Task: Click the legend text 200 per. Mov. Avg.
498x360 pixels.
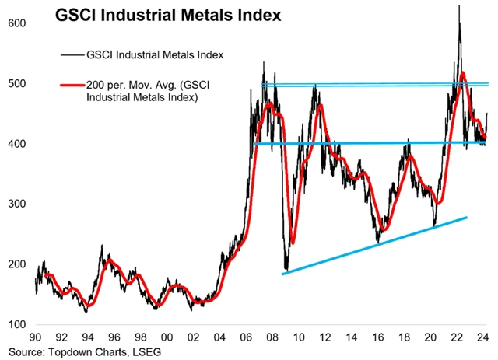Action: pyautogui.click(x=147, y=86)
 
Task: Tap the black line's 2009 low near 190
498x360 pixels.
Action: pyautogui.click(x=286, y=268)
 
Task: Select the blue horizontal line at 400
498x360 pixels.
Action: pyautogui.click(x=373, y=143)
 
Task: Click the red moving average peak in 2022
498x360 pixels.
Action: pyautogui.click(x=463, y=73)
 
